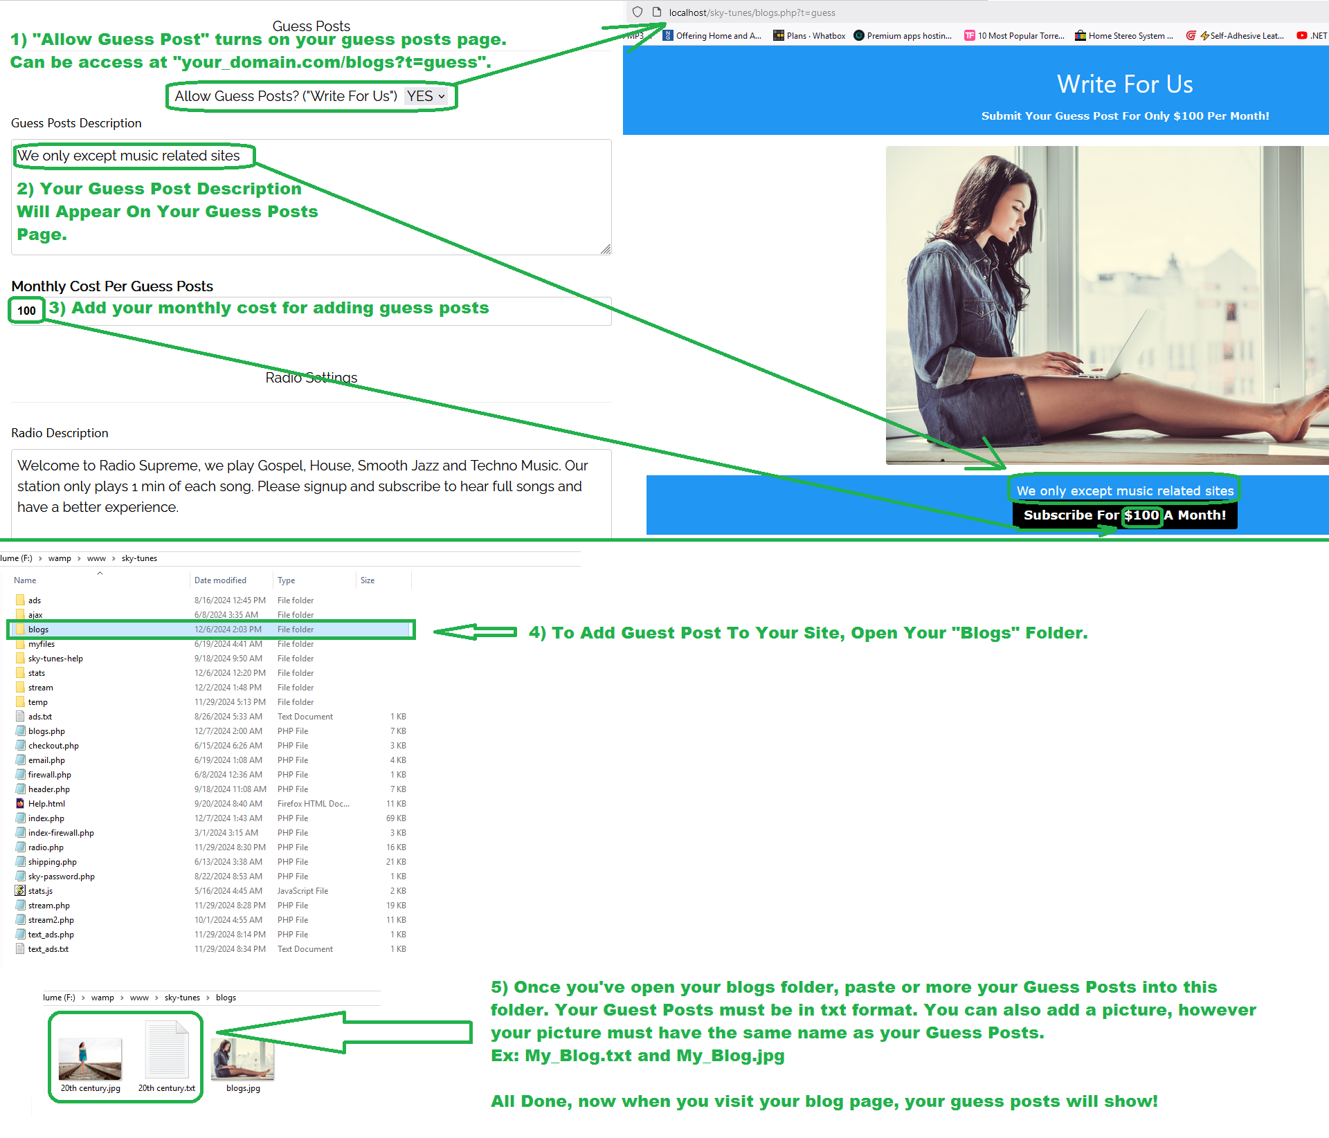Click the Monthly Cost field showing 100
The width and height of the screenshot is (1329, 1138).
27,311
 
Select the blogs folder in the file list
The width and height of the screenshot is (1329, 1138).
38,630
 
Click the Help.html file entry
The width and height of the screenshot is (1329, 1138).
46,804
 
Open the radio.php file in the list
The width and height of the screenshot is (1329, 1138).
45,847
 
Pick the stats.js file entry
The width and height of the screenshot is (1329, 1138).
40,891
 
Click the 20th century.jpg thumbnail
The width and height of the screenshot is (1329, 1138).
90,1059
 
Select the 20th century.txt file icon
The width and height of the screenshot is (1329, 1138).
167,1049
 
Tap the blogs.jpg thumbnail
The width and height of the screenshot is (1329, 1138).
243,1059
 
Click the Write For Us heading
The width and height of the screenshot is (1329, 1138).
1125,84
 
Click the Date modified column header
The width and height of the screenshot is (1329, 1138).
220,580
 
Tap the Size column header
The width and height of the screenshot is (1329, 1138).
368,580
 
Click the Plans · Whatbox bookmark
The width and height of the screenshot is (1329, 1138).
809,36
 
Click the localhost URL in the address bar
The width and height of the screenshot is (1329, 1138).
752,12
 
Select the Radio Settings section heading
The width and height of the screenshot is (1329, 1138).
311,378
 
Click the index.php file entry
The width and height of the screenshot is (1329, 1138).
46,818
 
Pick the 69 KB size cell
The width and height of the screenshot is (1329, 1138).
396,818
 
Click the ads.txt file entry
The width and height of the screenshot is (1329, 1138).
39,717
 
